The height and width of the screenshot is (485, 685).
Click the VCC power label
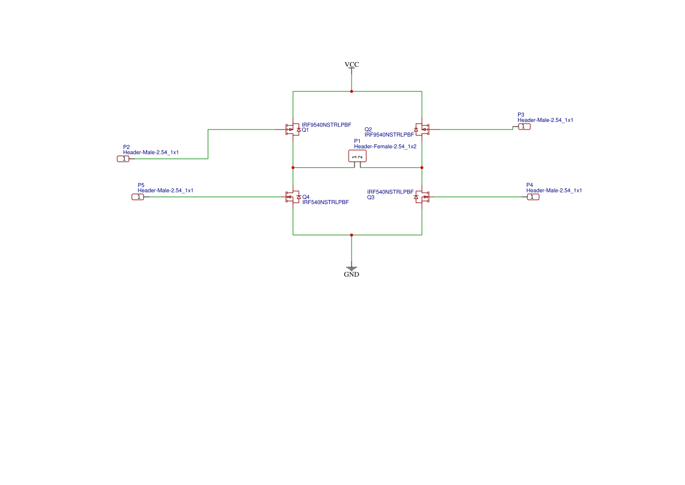tap(352, 64)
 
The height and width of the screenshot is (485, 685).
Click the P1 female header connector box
tap(357, 156)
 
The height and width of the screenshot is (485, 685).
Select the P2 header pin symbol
tap(124, 159)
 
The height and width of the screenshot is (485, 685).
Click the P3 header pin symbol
tap(524, 127)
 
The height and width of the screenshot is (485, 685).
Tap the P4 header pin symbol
tap(533, 197)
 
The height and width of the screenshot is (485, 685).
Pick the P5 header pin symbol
tap(138, 197)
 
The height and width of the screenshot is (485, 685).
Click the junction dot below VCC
tap(352, 91)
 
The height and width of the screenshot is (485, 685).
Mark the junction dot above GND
tap(352, 235)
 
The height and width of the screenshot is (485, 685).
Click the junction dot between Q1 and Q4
tap(293, 168)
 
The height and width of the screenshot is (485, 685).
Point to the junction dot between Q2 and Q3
tap(422, 168)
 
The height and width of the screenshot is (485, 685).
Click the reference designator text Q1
tap(305, 130)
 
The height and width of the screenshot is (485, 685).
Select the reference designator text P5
tap(141, 185)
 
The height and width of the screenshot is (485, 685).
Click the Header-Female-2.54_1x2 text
tap(385, 147)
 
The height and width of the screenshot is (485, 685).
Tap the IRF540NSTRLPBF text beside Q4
tap(325, 202)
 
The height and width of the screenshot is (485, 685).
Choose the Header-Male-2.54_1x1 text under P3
tap(545, 120)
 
